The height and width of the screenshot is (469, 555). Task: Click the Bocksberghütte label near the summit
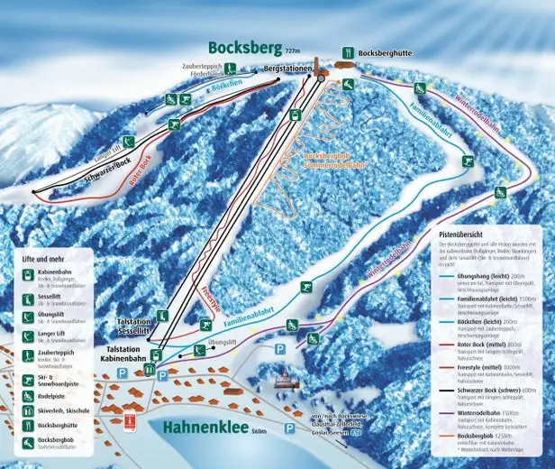(385, 53)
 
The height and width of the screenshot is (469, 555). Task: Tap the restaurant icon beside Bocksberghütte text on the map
(349, 52)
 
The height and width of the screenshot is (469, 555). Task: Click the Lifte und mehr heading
(42, 259)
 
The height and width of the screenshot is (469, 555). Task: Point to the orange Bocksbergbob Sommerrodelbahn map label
(333, 161)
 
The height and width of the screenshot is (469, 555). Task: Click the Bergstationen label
(287, 69)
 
